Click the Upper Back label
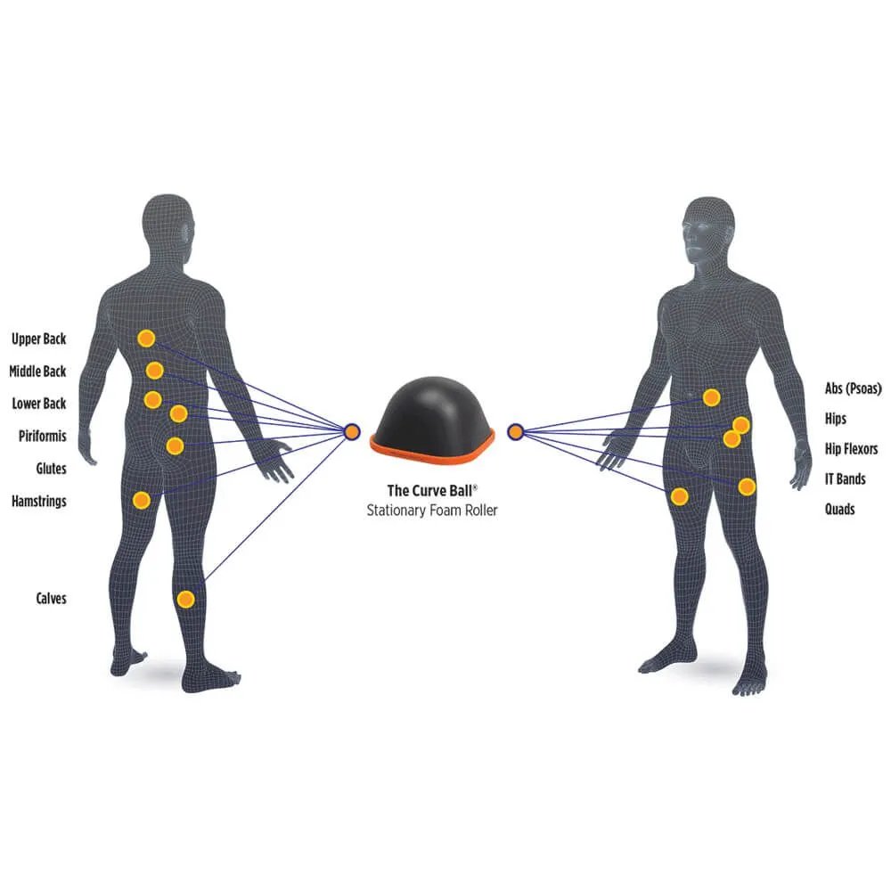pyautogui.click(x=38, y=339)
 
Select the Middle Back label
pyautogui.click(x=37, y=371)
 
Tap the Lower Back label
pyautogui.click(x=38, y=404)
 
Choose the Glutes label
pyautogui.click(x=51, y=468)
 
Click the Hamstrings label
pyautogui.click(x=38, y=501)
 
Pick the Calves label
pyautogui.click(x=51, y=599)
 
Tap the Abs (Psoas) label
pyautogui.click(x=854, y=388)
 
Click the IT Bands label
pyautogui.click(x=845, y=479)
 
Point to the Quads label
pyautogui.click(x=839, y=510)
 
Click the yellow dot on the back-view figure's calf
pyautogui.click(x=185, y=599)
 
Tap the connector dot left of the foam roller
pyautogui.click(x=352, y=432)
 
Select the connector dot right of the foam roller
pyautogui.click(x=514, y=432)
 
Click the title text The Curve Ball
pyautogui.click(x=432, y=490)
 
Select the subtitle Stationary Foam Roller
pyautogui.click(x=432, y=511)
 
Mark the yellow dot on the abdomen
pyautogui.click(x=711, y=397)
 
